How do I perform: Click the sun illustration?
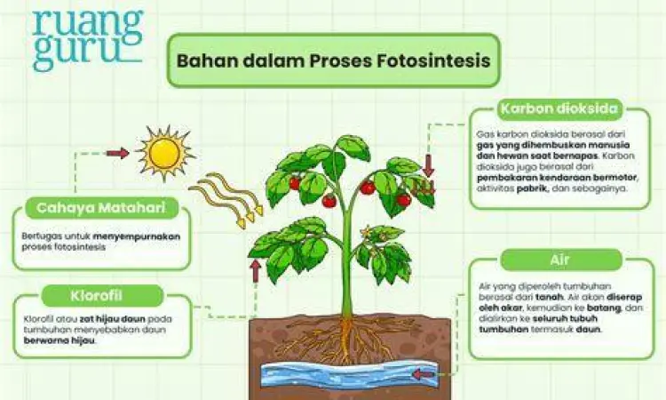[164, 152]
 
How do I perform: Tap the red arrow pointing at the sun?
[117, 154]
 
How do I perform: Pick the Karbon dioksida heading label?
[559, 109]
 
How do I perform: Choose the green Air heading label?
[559, 260]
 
